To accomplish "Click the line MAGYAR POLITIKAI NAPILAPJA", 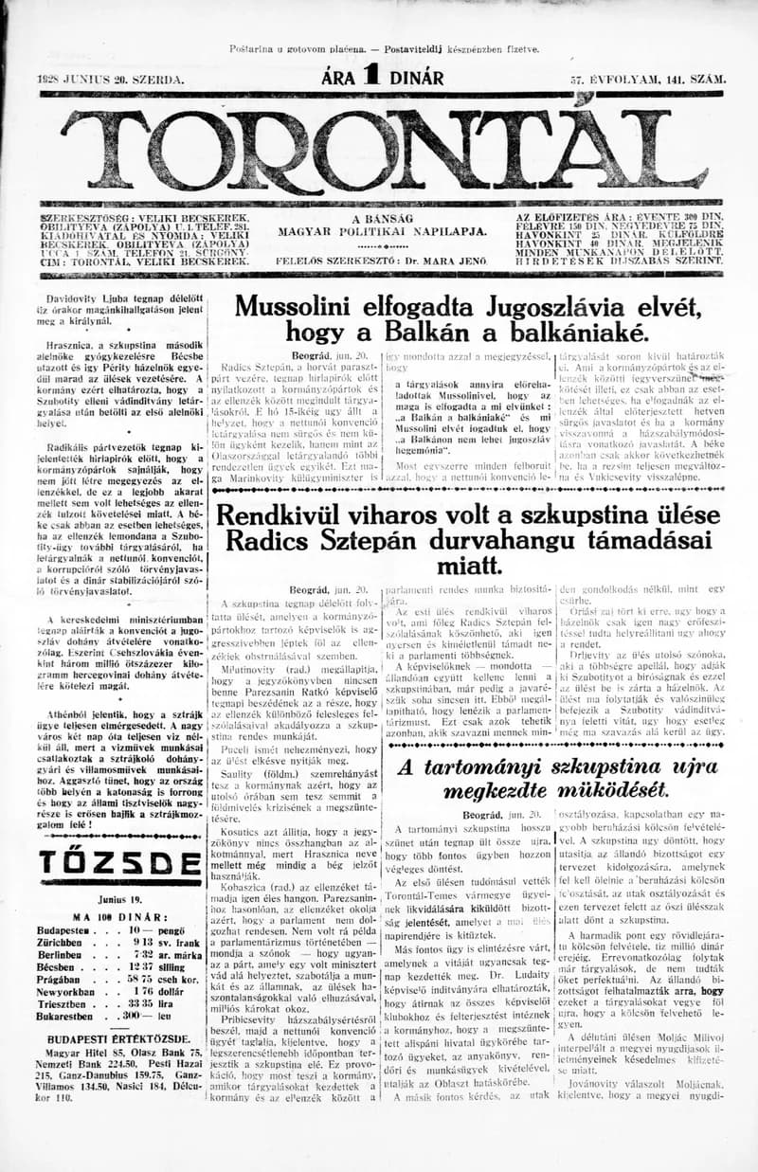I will tap(382, 230).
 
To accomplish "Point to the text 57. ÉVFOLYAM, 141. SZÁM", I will tap(647, 80).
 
